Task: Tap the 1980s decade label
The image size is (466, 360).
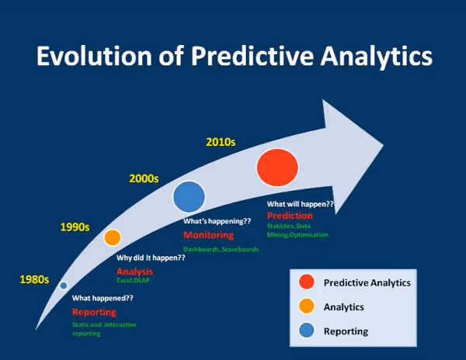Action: coord(34,279)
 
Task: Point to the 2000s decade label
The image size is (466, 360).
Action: coord(144,178)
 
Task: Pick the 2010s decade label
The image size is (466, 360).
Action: coord(221,142)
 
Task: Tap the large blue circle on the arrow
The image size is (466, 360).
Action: coord(189,197)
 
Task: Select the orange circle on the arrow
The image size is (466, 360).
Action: coord(113,237)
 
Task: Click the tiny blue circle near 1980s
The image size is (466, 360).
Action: coord(64,286)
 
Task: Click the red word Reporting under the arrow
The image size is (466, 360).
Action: coord(93,312)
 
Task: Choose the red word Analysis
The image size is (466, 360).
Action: coord(134,272)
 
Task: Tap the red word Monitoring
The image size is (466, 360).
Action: coord(208,235)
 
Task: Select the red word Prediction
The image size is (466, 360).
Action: coord(290,215)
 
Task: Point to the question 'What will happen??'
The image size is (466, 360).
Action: coord(300,204)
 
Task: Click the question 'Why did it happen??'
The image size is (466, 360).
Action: coord(151,258)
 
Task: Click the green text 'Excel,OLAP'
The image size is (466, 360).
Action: coord(133,281)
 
